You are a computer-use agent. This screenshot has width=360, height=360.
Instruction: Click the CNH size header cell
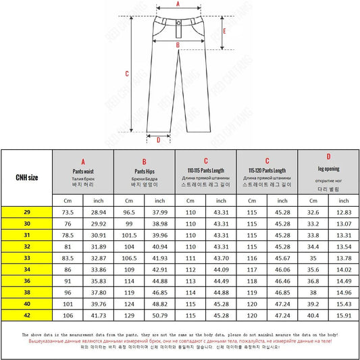[27, 178]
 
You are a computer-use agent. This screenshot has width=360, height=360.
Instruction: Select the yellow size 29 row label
[27, 213]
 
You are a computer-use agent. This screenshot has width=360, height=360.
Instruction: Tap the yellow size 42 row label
[27, 314]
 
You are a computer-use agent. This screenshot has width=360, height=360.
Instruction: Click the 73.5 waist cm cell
[68, 213]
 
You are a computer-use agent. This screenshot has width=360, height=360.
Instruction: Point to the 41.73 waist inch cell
[99, 314]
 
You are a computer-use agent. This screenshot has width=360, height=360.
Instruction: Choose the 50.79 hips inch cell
[160, 314]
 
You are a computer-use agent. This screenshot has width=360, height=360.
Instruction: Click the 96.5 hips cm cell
[129, 213]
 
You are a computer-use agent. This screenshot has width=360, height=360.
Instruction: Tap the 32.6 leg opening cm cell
[313, 213]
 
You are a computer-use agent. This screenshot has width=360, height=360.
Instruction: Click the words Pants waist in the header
[83, 172]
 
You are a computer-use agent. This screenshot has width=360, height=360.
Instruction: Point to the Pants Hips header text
[145, 172]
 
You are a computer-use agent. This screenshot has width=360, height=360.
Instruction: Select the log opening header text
[328, 168]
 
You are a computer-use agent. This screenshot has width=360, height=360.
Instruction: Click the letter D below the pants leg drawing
[158, 140]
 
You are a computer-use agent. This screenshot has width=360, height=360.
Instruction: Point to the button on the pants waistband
[177, 26]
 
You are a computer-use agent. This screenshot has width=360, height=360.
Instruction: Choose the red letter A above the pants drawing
[178, 3]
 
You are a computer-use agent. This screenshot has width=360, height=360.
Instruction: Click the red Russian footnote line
[180, 342]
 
